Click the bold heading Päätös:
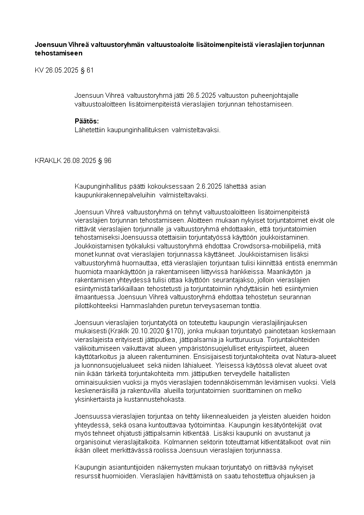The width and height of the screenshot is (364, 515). point(87,121)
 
